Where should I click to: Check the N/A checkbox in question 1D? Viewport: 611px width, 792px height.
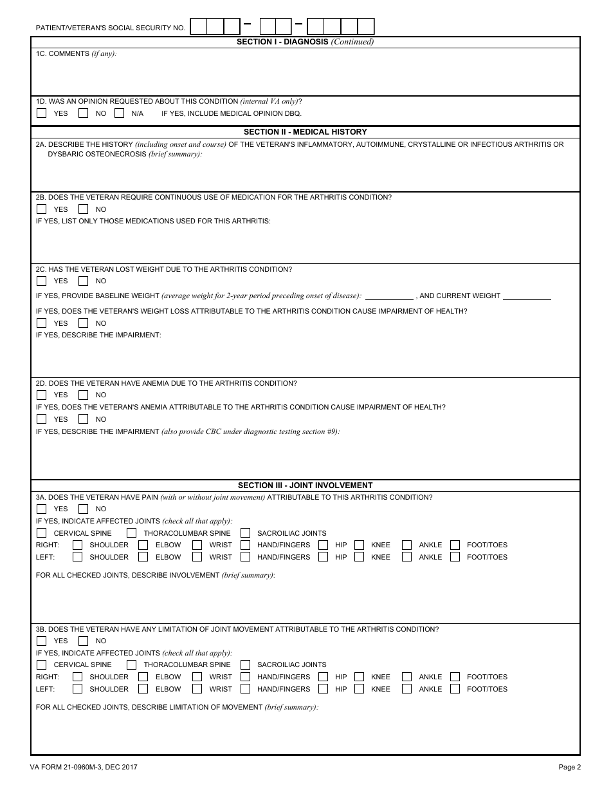(x=119, y=113)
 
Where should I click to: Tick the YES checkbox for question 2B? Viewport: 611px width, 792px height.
(x=42, y=209)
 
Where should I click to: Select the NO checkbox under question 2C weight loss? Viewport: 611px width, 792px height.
(x=83, y=281)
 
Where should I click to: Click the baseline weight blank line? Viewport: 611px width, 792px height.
(x=389, y=296)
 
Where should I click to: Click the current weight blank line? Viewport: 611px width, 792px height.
(x=527, y=296)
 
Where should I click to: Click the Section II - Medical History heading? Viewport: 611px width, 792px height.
(x=305, y=132)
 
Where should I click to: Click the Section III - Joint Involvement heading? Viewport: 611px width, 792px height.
(x=305, y=486)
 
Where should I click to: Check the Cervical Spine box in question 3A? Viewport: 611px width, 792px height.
(x=42, y=533)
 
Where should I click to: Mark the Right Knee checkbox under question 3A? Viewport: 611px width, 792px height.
(x=359, y=545)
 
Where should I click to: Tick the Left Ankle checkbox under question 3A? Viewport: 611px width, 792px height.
(x=406, y=557)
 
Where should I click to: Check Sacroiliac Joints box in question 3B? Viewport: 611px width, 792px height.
(x=245, y=665)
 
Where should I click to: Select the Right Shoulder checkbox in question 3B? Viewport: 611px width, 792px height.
(x=77, y=677)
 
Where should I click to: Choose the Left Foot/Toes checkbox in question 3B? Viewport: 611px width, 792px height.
(x=455, y=689)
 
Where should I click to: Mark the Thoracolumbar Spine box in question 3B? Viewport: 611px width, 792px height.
(x=131, y=665)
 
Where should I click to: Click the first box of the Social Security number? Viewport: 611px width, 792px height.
(x=199, y=26)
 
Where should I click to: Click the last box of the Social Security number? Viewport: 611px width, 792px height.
(x=366, y=26)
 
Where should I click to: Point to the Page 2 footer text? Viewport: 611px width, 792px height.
(x=569, y=767)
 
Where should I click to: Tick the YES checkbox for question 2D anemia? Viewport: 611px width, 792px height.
(x=42, y=395)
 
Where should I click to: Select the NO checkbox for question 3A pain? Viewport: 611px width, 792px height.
(x=83, y=509)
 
